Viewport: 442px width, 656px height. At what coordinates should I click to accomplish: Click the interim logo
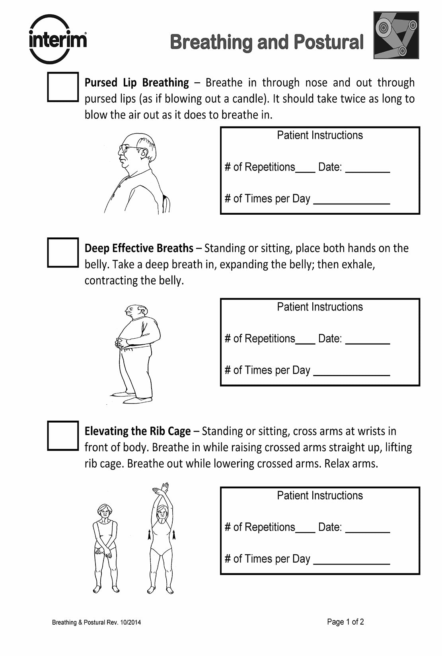[x=58, y=40]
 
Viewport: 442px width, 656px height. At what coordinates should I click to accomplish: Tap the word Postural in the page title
[x=329, y=42]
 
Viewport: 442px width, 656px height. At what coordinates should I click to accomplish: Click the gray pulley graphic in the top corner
[x=396, y=35]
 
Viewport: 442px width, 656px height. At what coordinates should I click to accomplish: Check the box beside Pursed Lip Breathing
[x=63, y=87]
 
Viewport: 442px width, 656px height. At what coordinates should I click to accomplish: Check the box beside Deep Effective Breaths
[x=63, y=252]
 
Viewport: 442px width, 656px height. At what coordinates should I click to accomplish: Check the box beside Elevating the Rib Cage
[x=63, y=435]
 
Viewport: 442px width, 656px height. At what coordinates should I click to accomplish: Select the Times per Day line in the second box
[x=352, y=374]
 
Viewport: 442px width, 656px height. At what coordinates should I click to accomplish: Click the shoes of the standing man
[x=131, y=398]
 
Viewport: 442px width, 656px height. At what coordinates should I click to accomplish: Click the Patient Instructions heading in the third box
[x=320, y=495]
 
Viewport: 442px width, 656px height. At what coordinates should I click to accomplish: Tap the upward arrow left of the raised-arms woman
[x=150, y=535]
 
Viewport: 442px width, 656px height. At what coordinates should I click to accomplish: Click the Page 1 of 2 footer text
[x=345, y=622]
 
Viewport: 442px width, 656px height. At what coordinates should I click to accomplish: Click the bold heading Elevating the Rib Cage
[x=138, y=431]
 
